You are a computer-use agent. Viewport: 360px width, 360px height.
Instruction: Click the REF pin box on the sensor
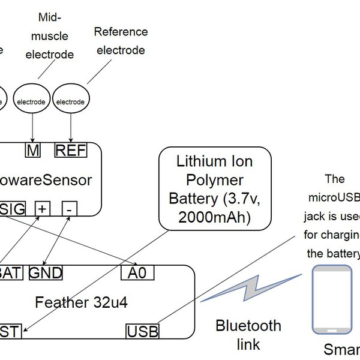tap(71, 151)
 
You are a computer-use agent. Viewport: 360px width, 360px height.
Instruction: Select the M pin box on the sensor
tap(32, 151)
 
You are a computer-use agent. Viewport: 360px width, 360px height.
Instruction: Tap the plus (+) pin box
tap(43, 209)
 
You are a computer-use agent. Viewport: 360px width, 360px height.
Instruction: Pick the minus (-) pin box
tap(70, 209)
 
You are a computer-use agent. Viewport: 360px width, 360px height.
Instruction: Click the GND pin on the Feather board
tap(46, 273)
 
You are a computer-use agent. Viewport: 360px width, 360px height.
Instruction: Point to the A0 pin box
tap(137, 273)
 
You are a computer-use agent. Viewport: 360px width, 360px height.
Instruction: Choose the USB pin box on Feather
tap(143, 331)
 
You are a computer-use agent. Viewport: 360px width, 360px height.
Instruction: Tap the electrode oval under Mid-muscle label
tap(31, 101)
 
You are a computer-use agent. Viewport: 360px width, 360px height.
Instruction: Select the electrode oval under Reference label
tap(71, 101)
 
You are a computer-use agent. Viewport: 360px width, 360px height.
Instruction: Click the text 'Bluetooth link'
tap(248, 335)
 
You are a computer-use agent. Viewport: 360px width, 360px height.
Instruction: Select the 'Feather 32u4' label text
tap(81, 302)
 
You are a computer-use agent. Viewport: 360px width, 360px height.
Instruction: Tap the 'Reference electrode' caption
tap(121, 41)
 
